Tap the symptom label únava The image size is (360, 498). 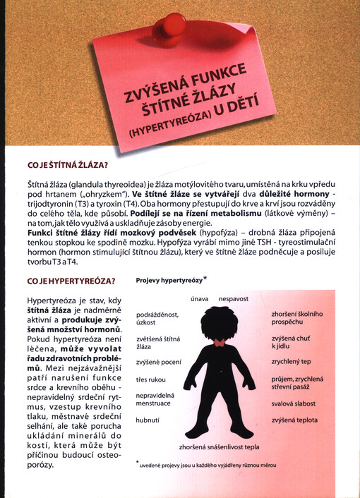pyautogui.click(x=199, y=299)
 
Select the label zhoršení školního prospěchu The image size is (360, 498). pyautogui.click(x=297, y=318)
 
